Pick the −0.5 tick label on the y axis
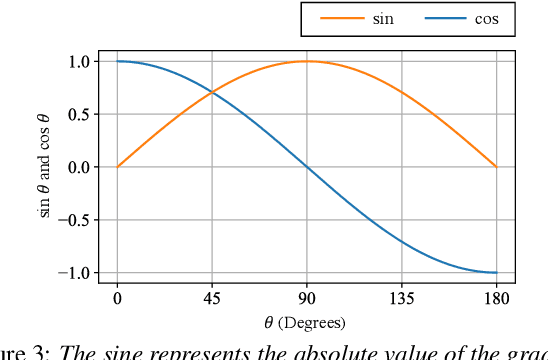72,220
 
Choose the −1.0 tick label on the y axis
72,272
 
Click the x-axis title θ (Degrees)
305,322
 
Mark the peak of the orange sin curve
306,61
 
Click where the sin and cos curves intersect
211,92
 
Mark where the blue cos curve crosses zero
306,167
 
